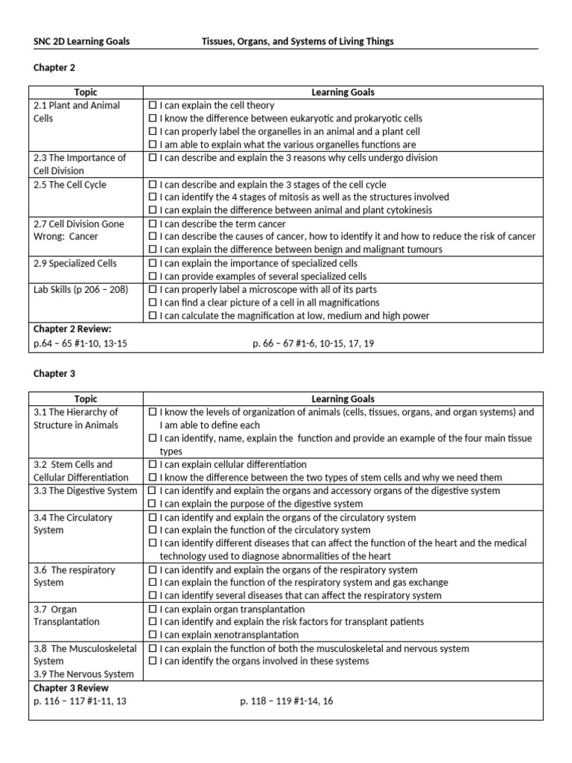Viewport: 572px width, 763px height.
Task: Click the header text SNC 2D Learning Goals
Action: click(81, 42)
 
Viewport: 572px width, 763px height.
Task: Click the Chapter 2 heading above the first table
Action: click(54, 68)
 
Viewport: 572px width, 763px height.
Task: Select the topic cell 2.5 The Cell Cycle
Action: click(70, 185)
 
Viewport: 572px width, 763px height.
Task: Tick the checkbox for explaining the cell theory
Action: click(153, 106)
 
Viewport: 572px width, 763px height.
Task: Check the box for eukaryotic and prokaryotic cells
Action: click(153, 118)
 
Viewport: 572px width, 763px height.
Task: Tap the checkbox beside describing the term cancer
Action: click(153, 224)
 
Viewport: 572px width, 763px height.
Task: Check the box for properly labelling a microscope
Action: click(153, 289)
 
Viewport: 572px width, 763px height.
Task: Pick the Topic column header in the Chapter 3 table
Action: click(86, 399)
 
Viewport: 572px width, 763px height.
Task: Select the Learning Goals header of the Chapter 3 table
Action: click(343, 399)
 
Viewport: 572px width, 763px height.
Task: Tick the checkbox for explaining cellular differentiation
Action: click(153, 464)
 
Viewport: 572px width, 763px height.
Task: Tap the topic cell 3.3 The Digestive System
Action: click(86, 491)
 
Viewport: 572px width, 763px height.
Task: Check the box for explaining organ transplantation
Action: click(153, 609)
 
